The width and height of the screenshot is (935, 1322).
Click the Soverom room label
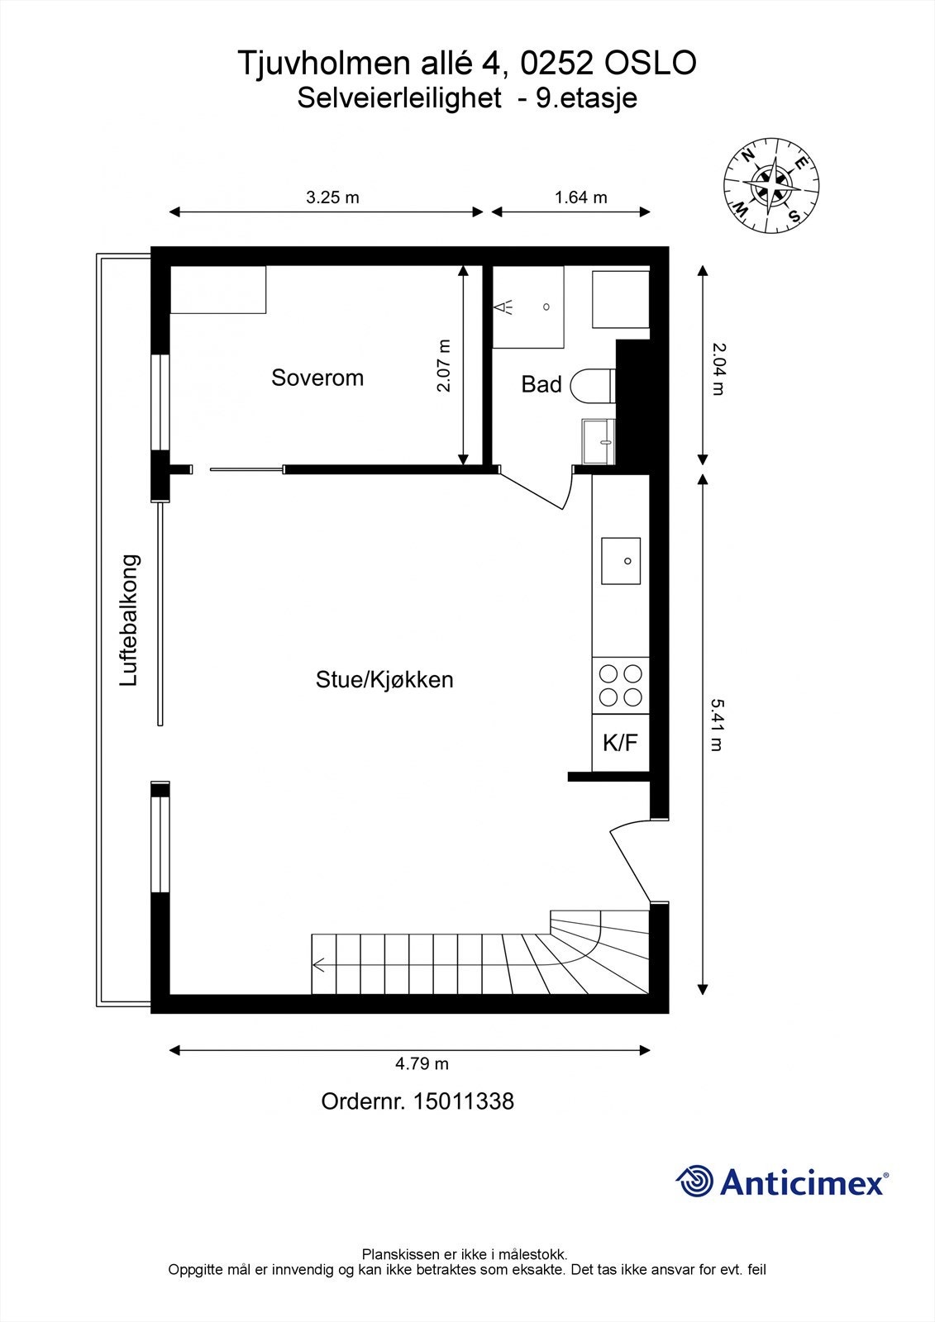coord(317,378)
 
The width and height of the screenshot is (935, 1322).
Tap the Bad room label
coord(541,384)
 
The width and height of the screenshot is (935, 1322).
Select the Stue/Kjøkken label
coord(384,680)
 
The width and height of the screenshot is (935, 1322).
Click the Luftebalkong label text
coord(130,620)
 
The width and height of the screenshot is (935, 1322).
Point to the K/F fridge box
coord(620,743)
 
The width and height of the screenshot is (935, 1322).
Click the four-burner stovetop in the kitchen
coord(621,685)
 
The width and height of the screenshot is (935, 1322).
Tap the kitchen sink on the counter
coord(621,561)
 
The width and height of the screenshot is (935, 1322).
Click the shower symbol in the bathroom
coord(504,307)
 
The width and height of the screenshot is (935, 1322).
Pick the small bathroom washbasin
coord(599,441)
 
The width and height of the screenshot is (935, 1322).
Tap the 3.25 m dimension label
coord(332,197)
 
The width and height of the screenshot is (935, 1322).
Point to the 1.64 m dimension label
coord(580,197)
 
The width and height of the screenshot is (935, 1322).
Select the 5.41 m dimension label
coord(716,725)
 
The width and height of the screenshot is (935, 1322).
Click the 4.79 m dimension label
coord(422,1063)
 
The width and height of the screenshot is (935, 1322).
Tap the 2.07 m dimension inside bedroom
coord(444,365)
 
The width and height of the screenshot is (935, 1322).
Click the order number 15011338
coord(463,1101)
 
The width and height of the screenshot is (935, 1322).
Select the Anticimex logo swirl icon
coord(694,1182)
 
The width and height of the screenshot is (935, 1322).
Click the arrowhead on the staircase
coord(317,963)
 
